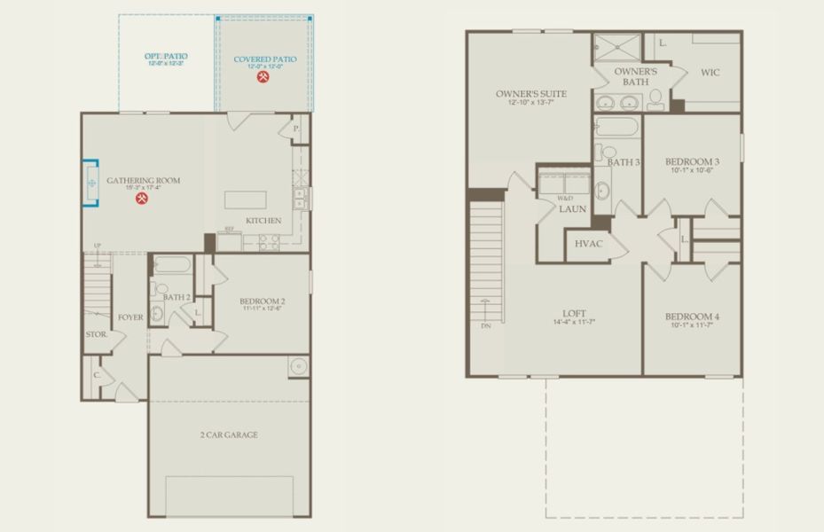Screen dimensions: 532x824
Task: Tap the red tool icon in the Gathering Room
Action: tap(142, 199)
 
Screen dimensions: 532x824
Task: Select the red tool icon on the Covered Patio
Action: tap(263, 78)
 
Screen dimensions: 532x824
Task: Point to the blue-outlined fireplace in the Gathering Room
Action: tap(90, 183)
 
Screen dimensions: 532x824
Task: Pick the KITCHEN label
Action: tap(263, 221)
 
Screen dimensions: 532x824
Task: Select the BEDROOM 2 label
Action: tap(263, 301)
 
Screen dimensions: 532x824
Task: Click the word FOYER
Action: tap(130, 317)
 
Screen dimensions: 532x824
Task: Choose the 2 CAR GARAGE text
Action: tap(229, 434)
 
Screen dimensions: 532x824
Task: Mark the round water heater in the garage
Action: tap(297, 365)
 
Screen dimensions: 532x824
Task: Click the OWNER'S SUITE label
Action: tap(531, 94)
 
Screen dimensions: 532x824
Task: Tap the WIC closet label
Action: tap(710, 73)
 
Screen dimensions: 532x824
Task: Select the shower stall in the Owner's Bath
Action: tap(616, 44)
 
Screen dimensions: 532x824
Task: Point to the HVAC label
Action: tap(589, 244)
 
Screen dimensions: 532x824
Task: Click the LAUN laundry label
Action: tap(571, 209)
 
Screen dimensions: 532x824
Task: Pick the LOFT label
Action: tap(574, 313)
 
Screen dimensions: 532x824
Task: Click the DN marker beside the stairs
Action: tap(485, 326)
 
